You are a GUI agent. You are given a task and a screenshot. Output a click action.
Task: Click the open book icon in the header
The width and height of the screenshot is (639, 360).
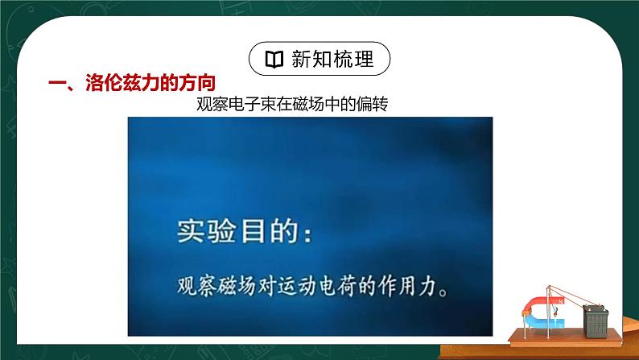tap(274, 60)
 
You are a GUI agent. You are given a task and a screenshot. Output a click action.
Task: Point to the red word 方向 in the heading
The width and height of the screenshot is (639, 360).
tap(198, 83)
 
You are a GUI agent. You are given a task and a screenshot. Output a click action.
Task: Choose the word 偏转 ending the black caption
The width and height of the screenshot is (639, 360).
tap(374, 105)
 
